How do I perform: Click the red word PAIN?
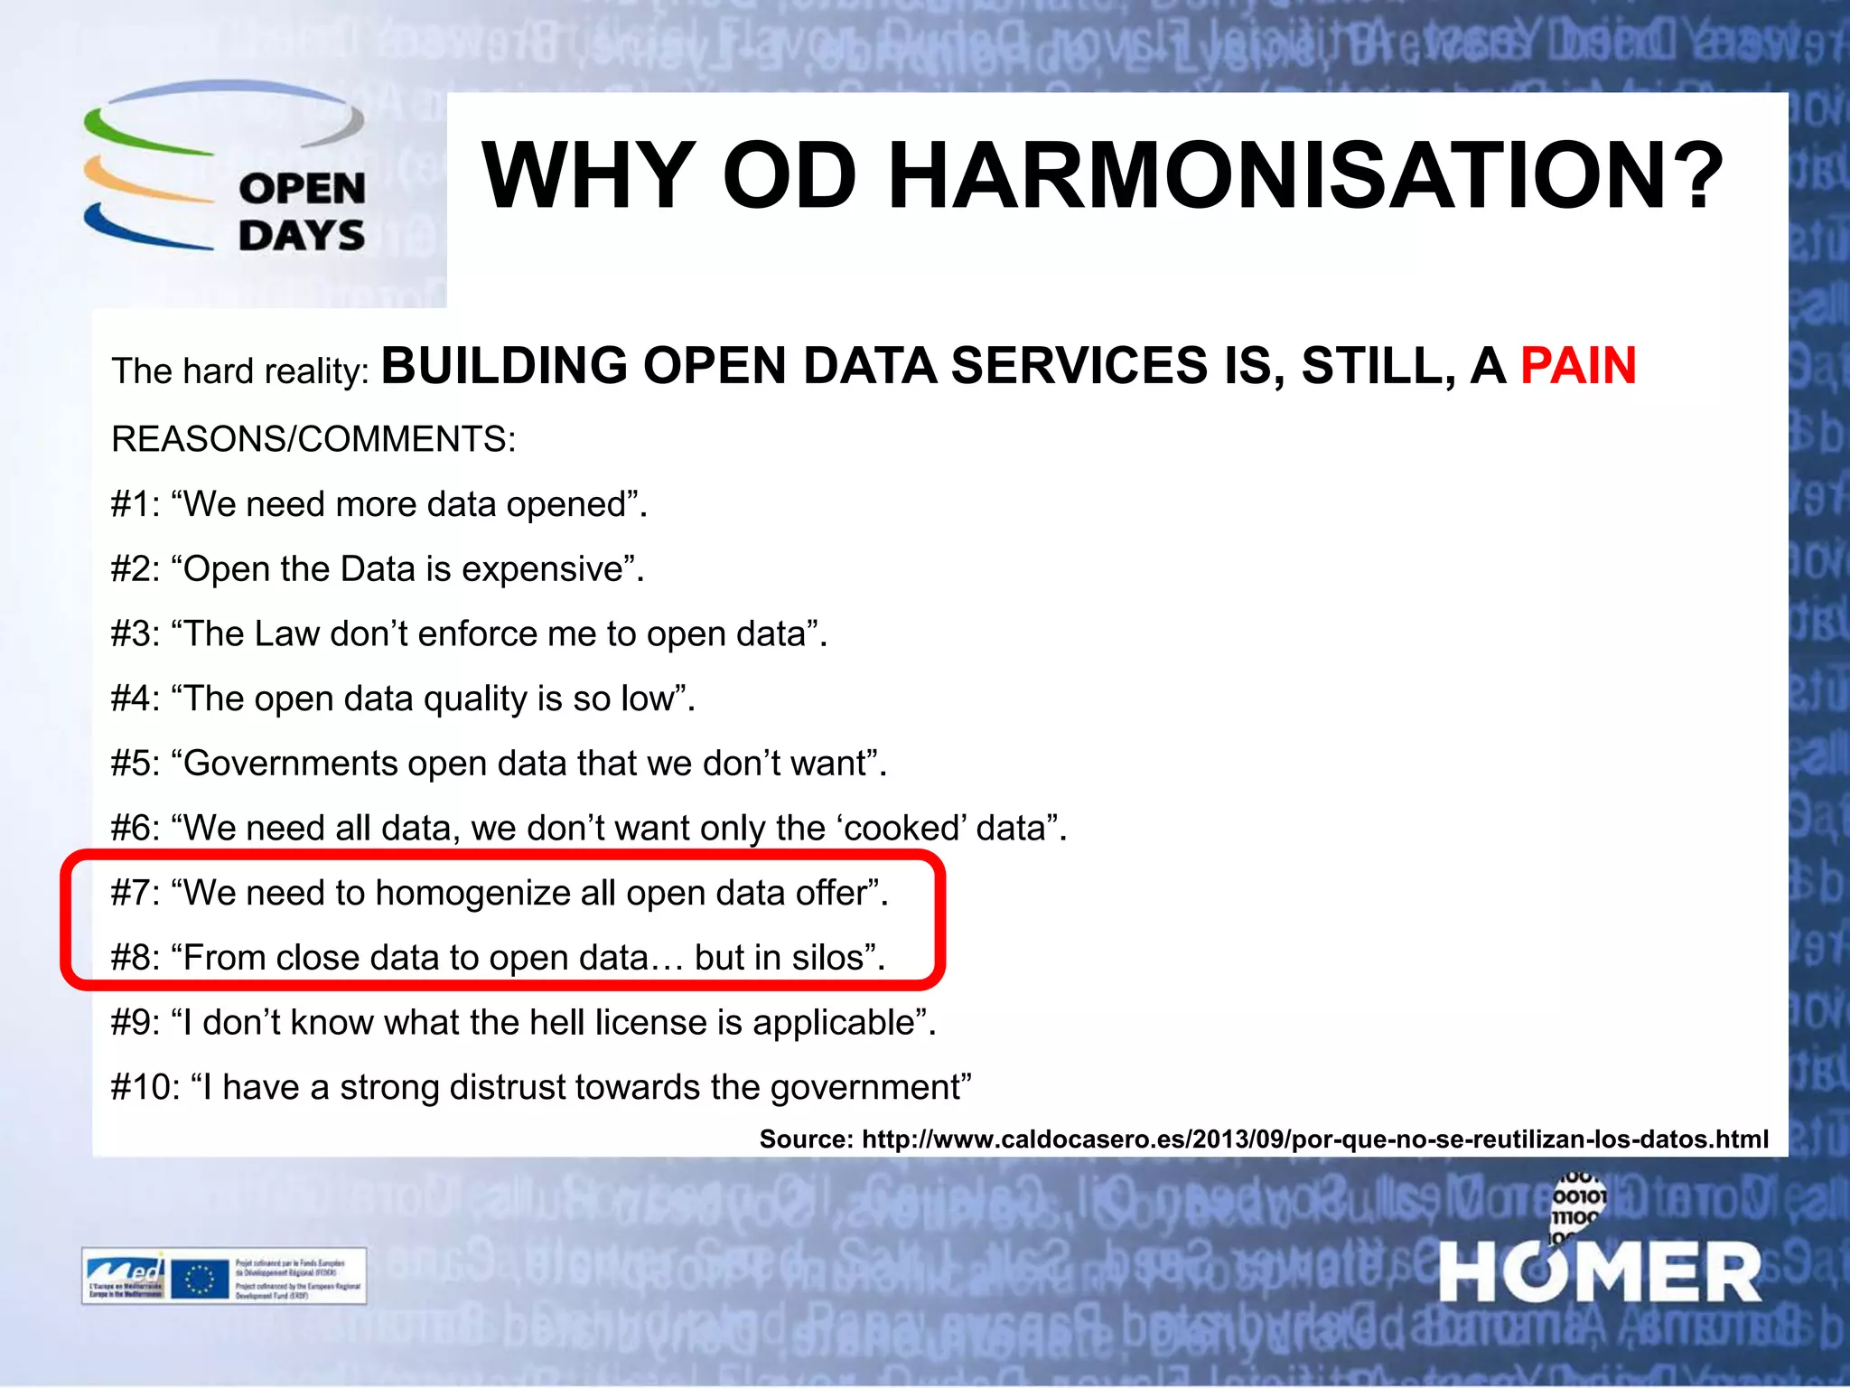click(x=1578, y=366)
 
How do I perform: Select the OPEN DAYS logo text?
click(x=302, y=212)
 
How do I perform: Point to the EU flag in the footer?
click(x=199, y=1278)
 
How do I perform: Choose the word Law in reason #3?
click(x=287, y=634)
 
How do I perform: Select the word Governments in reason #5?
click(x=290, y=764)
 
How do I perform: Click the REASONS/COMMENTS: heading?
click(x=313, y=439)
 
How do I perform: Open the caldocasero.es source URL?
click(x=1314, y=1139)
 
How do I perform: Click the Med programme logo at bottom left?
click(x=125, y=1276)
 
